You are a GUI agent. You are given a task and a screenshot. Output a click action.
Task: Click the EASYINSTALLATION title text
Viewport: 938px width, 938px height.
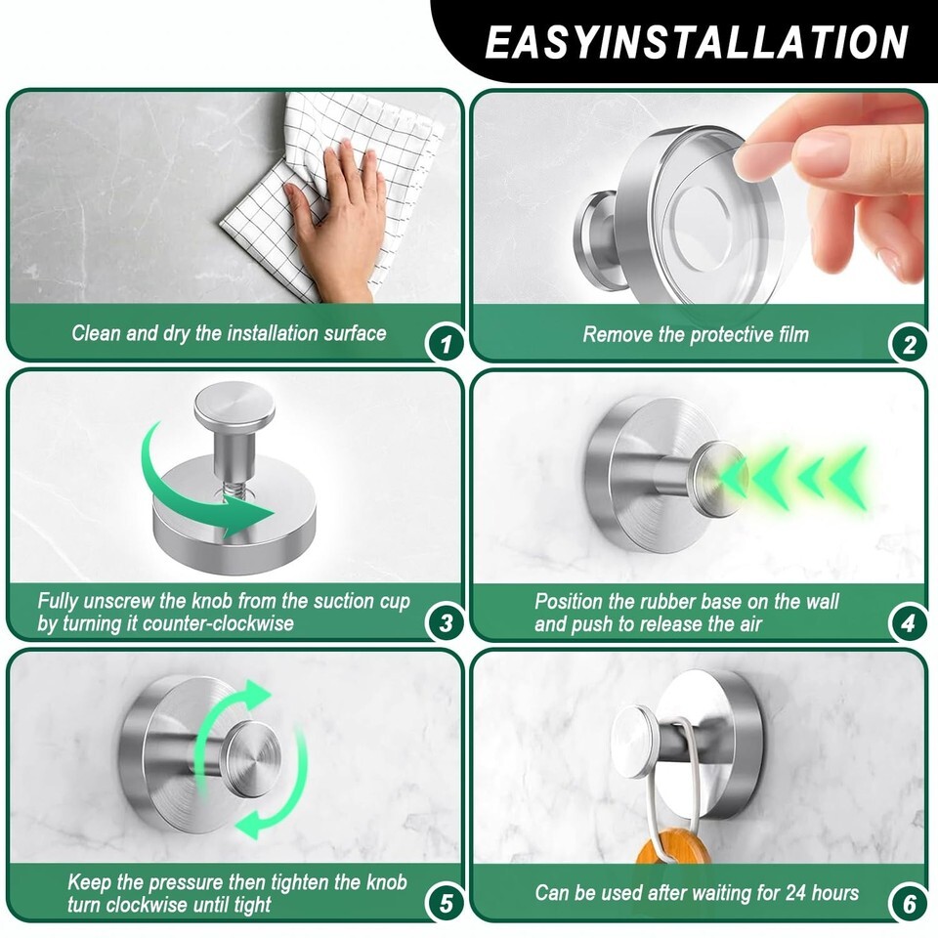[x=697, y=42]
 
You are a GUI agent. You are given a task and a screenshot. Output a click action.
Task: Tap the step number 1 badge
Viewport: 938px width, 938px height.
[x=445, y=344]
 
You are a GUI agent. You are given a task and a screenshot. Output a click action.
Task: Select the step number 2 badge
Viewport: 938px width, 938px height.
[x=908, y=345]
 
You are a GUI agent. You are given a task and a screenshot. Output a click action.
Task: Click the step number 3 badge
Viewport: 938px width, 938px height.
[x=446, y=623]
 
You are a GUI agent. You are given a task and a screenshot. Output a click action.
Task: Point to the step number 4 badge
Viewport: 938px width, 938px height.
[x=908, y=623]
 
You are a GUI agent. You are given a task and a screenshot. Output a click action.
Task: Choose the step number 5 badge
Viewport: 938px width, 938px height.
[x=446, y=903]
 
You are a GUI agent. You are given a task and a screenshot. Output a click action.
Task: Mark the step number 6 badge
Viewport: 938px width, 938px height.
[x=909, y=903]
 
